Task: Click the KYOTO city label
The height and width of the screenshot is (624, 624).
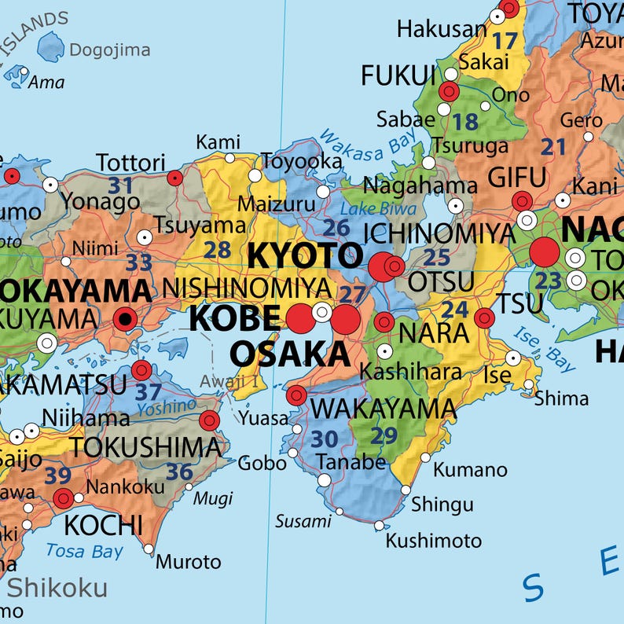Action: click(306, 255)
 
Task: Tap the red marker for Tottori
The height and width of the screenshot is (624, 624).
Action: click(175, 178)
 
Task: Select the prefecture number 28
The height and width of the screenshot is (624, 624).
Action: click(217, 250)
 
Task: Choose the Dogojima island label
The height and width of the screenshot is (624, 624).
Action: click(109, 50)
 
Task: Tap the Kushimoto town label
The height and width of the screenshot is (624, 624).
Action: click(433, 541)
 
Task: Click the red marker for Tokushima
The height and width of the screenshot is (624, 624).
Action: click(208, 420)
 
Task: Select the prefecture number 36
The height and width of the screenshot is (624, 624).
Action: click(179, 472)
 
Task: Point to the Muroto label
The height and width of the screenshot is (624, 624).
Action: click(189, 562)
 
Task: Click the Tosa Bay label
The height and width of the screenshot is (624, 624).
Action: click(84, 551)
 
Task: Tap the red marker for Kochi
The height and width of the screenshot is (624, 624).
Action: click(63, 497)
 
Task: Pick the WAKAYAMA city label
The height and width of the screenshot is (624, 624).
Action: click(383, 409)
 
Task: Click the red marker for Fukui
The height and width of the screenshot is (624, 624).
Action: click(449, 92)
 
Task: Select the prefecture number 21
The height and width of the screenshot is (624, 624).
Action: click(553, 146)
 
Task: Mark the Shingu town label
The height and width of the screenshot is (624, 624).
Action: click(442, 504)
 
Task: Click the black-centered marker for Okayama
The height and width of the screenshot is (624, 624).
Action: click(124, 319)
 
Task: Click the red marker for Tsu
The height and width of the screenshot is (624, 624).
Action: click(484, 318)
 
